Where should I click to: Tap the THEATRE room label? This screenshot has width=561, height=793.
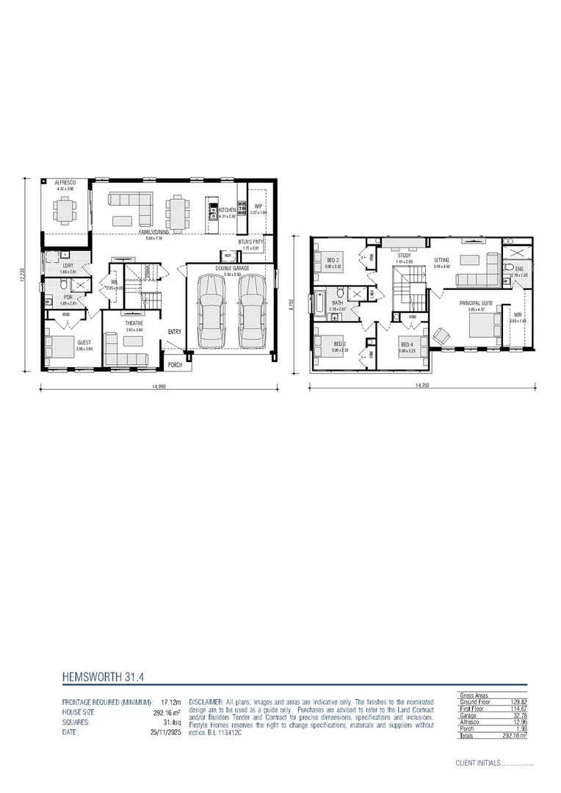133,323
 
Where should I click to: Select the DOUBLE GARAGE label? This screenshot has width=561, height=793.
232,269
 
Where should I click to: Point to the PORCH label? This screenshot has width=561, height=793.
175,364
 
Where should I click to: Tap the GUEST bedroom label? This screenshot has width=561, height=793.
84,342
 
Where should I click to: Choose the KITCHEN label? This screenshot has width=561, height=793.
227,210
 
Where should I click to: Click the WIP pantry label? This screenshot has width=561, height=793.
258,206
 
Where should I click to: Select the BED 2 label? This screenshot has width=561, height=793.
333,260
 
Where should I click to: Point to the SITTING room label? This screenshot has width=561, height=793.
441,260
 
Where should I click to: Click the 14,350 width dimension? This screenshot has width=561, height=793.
421,385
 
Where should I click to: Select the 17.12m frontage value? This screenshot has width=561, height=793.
171,702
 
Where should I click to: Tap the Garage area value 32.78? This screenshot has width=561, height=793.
519,716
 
